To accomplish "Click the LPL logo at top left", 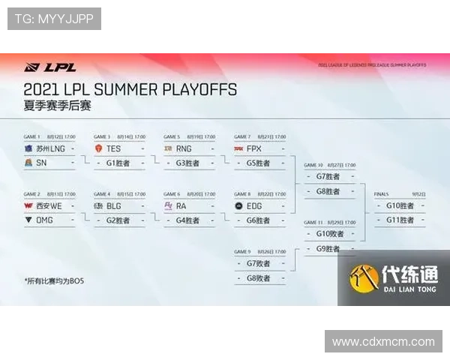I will click(39, 67).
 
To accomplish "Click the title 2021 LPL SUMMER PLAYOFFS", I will click(130, 89).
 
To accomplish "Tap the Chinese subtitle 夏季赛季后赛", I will click(57, 106).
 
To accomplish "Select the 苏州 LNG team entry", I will click(46, 148).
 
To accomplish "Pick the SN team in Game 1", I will click(42, 162).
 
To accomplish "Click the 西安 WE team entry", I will click(46, 206).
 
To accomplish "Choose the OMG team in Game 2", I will click(44, 220).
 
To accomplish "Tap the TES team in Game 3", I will click(113, 148).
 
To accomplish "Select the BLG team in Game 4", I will click(112, 206).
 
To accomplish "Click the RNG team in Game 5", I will click(184, 148).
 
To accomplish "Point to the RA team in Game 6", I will click(181, 206).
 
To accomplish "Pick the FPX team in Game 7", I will click(253, 148).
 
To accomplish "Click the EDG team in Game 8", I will click(253, 206).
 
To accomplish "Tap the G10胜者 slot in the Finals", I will click(400, 206).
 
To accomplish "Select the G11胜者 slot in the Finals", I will click(400, 220).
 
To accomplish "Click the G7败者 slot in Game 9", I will click(257, 264).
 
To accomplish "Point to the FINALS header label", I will click(382, 194).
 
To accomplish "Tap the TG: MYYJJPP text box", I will click(54, 18).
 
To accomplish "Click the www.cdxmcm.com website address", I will click(383, 342).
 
